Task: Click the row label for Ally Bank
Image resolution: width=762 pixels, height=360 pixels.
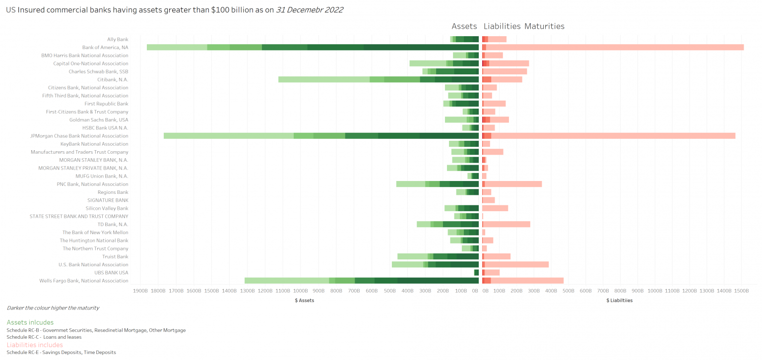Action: (x=118, y=39)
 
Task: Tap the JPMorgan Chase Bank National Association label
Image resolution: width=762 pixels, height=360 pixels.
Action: (x=79, y=136)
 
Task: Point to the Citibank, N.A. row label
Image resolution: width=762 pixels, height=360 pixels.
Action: (x=113, y=79)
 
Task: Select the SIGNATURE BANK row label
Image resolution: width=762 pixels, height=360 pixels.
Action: (x=108, y=200)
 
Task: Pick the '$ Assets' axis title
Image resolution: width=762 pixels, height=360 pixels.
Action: (x=304, y=300)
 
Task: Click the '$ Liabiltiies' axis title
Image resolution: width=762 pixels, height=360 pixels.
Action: (x=619, y=300)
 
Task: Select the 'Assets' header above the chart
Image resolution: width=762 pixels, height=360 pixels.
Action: (x=464, y=26)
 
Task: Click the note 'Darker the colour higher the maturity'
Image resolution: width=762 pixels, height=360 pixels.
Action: (x=53, y=308)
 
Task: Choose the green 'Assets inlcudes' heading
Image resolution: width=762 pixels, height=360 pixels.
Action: (x=30, y=322)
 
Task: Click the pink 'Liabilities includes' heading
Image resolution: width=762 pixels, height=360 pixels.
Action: (x=35, y=345)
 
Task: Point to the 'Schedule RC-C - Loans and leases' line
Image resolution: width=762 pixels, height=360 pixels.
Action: (x=44, y=337)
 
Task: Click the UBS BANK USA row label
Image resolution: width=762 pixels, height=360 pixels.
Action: (x=111, y=273)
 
